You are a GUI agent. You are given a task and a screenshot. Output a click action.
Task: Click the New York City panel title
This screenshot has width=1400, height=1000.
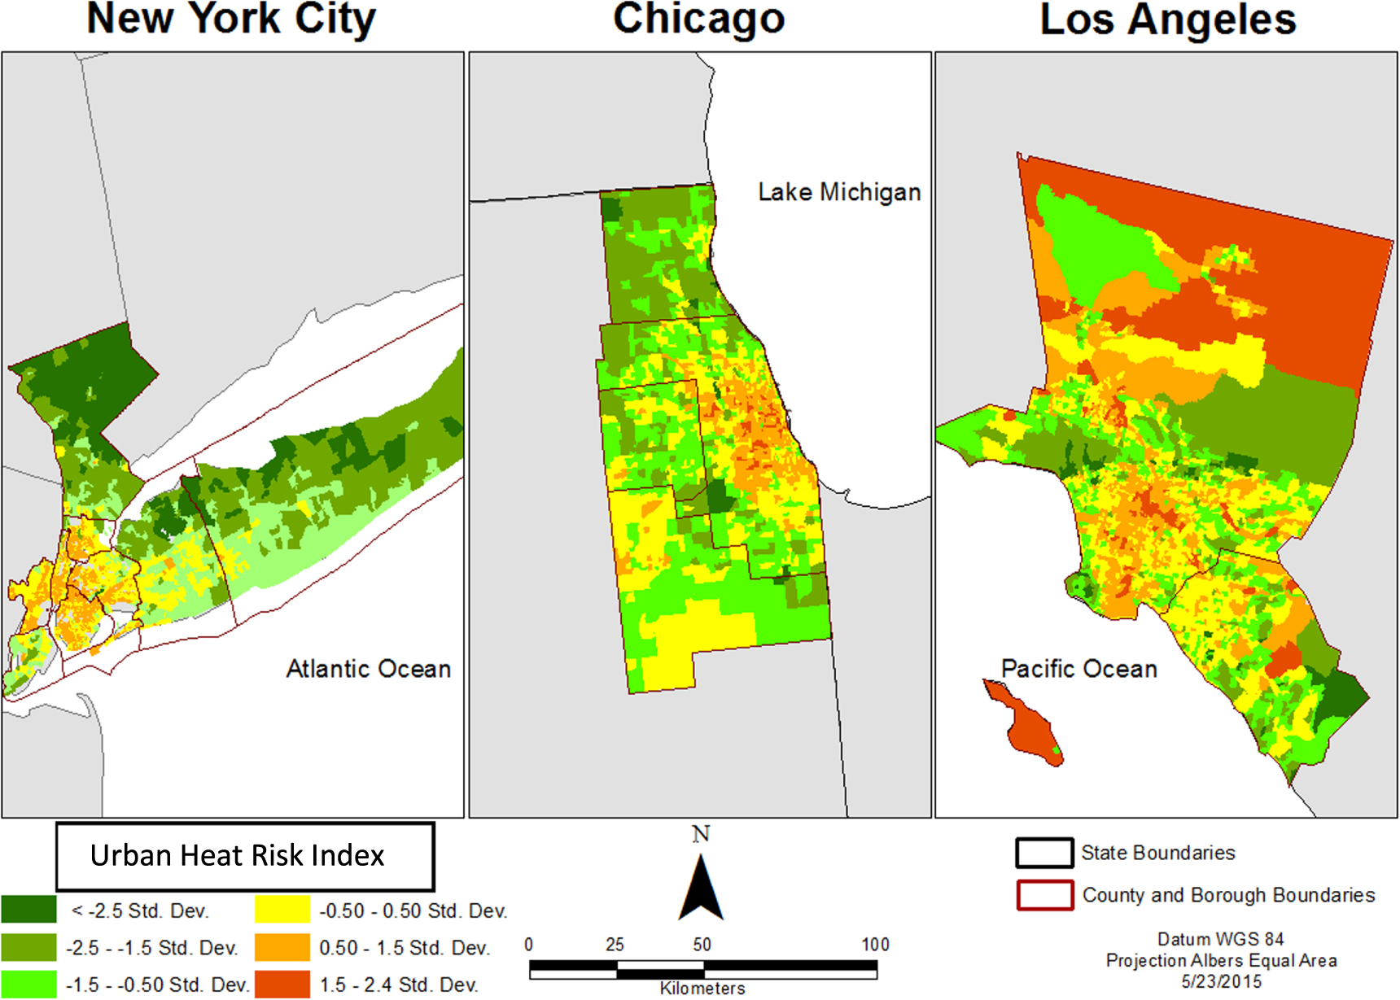click(231, 20)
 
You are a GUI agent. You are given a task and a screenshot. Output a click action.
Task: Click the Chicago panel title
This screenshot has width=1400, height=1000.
click(698, 20)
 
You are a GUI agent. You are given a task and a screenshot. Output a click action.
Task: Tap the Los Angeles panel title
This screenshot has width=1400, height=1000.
click(1167, 20)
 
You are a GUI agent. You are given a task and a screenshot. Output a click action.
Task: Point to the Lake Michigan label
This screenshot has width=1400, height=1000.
click(839, 192)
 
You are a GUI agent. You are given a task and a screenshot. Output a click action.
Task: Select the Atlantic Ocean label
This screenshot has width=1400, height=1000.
click(368, 669)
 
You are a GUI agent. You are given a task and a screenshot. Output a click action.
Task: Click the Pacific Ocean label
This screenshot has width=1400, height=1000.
click(1078, 669)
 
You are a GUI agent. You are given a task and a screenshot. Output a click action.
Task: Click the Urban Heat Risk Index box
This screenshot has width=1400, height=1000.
click(244, 856)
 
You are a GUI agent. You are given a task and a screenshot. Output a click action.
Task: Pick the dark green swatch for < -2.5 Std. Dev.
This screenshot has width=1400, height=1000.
click(28, 910)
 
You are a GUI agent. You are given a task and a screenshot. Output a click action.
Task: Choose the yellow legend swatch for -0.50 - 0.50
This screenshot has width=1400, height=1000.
click(282, 910)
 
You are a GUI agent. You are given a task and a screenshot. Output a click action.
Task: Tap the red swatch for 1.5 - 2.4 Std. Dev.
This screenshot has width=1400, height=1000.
click(282, 984)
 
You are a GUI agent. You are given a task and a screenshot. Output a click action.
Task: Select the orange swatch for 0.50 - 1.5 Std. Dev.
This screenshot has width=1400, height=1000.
click(282, 947)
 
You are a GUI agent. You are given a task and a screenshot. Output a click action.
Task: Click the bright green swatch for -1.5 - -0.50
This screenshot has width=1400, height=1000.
click(28, 984)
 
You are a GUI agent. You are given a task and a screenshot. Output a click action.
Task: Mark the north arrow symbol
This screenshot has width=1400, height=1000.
click(701, 887)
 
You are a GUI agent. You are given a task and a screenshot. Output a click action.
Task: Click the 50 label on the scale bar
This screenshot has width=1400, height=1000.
click(702, 945)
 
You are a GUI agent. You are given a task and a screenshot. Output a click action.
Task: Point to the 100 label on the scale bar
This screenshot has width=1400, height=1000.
click(875, 945)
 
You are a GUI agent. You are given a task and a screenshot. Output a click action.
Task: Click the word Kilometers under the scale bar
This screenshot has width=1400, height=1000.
click(702, 989)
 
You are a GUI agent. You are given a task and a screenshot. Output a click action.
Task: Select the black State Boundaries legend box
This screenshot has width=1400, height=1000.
click(1043, 853)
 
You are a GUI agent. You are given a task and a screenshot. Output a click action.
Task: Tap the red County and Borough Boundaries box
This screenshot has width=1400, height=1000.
click(1043, 895)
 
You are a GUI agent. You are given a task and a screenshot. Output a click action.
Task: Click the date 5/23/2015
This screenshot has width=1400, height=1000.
click(1221, 982)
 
